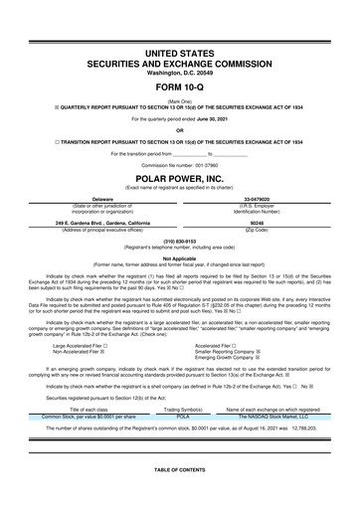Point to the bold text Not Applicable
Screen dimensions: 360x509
tap(180, 257)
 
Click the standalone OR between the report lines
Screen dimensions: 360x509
tap(180, 129)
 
